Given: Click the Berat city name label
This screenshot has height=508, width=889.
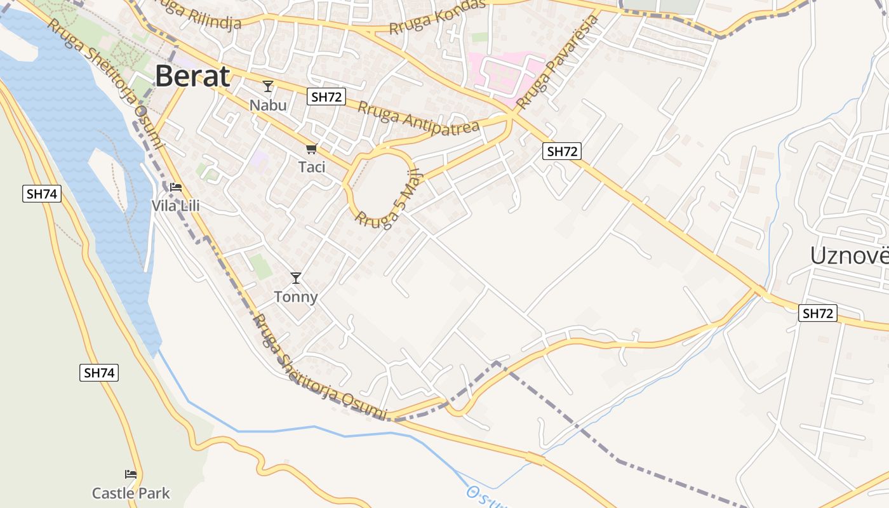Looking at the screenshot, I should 192,76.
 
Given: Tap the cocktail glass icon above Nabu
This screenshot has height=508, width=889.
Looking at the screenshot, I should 268,86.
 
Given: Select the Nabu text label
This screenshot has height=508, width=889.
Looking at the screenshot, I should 268,105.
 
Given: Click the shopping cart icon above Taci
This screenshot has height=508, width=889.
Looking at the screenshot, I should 311,149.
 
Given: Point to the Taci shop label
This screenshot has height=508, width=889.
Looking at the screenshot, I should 311,167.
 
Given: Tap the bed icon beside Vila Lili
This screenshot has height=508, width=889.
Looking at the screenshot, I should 176,187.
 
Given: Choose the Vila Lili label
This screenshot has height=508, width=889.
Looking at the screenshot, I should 175,206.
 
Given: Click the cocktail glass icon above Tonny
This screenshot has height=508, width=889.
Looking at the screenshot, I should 295,277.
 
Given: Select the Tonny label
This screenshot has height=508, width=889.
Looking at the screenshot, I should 295,297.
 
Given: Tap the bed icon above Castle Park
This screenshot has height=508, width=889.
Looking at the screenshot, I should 131,474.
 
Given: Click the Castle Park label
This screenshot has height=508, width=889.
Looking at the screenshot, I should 131,493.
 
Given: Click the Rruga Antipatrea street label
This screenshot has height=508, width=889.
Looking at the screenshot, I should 418,117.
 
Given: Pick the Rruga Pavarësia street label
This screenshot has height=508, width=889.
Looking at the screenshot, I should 558,62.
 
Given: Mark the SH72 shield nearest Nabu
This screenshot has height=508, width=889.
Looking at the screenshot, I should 326,97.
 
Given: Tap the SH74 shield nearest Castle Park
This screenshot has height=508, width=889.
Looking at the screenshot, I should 99,373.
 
